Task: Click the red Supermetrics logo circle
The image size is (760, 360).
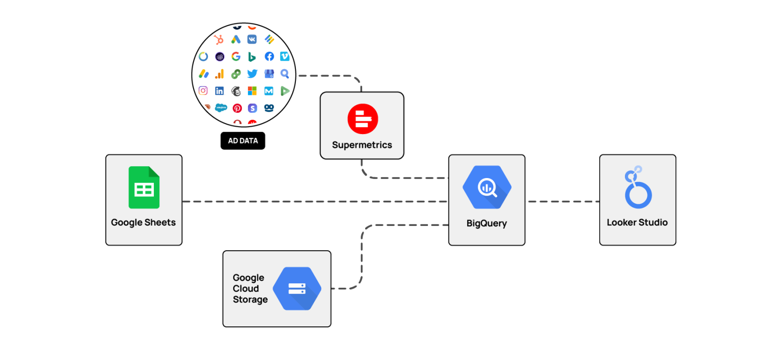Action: [362, 119]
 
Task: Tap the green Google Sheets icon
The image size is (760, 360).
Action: [144, 187]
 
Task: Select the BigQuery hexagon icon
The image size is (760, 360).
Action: [487, 187]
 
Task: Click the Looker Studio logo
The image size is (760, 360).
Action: [638, 187]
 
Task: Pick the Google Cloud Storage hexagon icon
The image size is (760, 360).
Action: [297, 289]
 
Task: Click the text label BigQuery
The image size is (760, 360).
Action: [487, 223]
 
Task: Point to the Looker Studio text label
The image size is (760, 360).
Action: [637, 223]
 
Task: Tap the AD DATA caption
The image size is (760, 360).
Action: [243, 141]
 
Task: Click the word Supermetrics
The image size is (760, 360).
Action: [362, 145]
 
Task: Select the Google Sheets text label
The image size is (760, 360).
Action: [143, 223]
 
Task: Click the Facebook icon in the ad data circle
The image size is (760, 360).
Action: [269, 56]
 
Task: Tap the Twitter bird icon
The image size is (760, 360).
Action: [252, 74]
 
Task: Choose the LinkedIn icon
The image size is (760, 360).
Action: [219, 90]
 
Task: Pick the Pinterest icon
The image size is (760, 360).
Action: [237, 108]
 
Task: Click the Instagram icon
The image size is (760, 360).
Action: [203, 90]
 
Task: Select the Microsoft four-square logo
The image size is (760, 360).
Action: [252, 90]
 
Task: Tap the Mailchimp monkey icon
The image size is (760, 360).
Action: [236, 90]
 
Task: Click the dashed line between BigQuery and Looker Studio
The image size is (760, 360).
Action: [562, 202]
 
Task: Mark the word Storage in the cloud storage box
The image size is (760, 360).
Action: [250, 300]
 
